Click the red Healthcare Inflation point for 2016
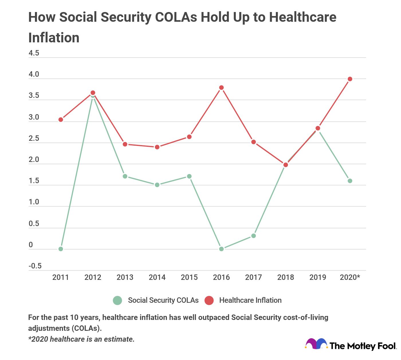(x=221, y=88)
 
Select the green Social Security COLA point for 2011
(x=61, y=249)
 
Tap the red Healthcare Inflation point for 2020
(x=350, y=79)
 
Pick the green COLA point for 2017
(x=253, y=236)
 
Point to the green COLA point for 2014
(x=157, y=185)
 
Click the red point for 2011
(x=61, y=120)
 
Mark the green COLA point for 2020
(x=350, y=181)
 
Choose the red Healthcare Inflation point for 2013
(x=125, y=144)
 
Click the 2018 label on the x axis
(x=286, y=277)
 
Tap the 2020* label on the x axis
(x=350, y=277)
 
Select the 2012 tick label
(x=93, y=277)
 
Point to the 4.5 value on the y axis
(x=34, y=53)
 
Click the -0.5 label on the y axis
(x=35, y=266)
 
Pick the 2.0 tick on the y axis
(x=34, y=160)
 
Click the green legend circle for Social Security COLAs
(x=117, y=300)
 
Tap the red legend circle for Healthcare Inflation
(x=209, y=300)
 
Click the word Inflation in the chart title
(x=54, y=38)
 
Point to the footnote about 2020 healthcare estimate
(x=81, y=339)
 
